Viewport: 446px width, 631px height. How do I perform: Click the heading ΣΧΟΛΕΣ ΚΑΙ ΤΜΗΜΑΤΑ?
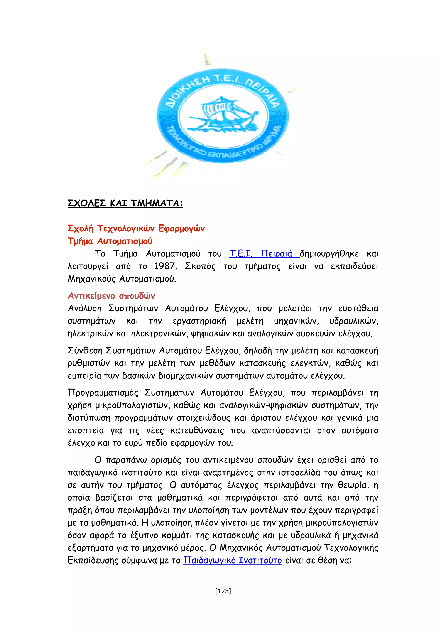pyautogui.click(x=125, y=203)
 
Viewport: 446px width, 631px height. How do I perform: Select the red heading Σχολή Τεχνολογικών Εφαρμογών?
pyautogui.click(x=136, y=228)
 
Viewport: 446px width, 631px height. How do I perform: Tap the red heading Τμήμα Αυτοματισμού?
pyautogui.click(x=110, y=241)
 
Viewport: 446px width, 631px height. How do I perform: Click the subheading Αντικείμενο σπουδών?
pyautogui.click(x=111, y=296)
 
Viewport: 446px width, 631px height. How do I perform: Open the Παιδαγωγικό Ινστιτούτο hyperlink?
pyautogui.click(x=233, y=560)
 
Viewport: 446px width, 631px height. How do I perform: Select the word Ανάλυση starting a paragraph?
pyautogui.click(x=85, y=308)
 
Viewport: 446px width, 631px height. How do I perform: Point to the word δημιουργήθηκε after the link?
pyautogui.click(x=329, y=253)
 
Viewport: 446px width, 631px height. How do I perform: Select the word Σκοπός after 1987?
pyautogui.click(x=200, y=266)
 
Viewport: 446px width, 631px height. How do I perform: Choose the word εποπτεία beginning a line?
pyautogui.click(x=86, y=430)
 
